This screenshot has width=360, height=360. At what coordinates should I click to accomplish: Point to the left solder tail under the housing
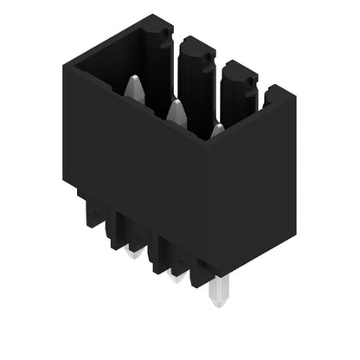tap(133, 253)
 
